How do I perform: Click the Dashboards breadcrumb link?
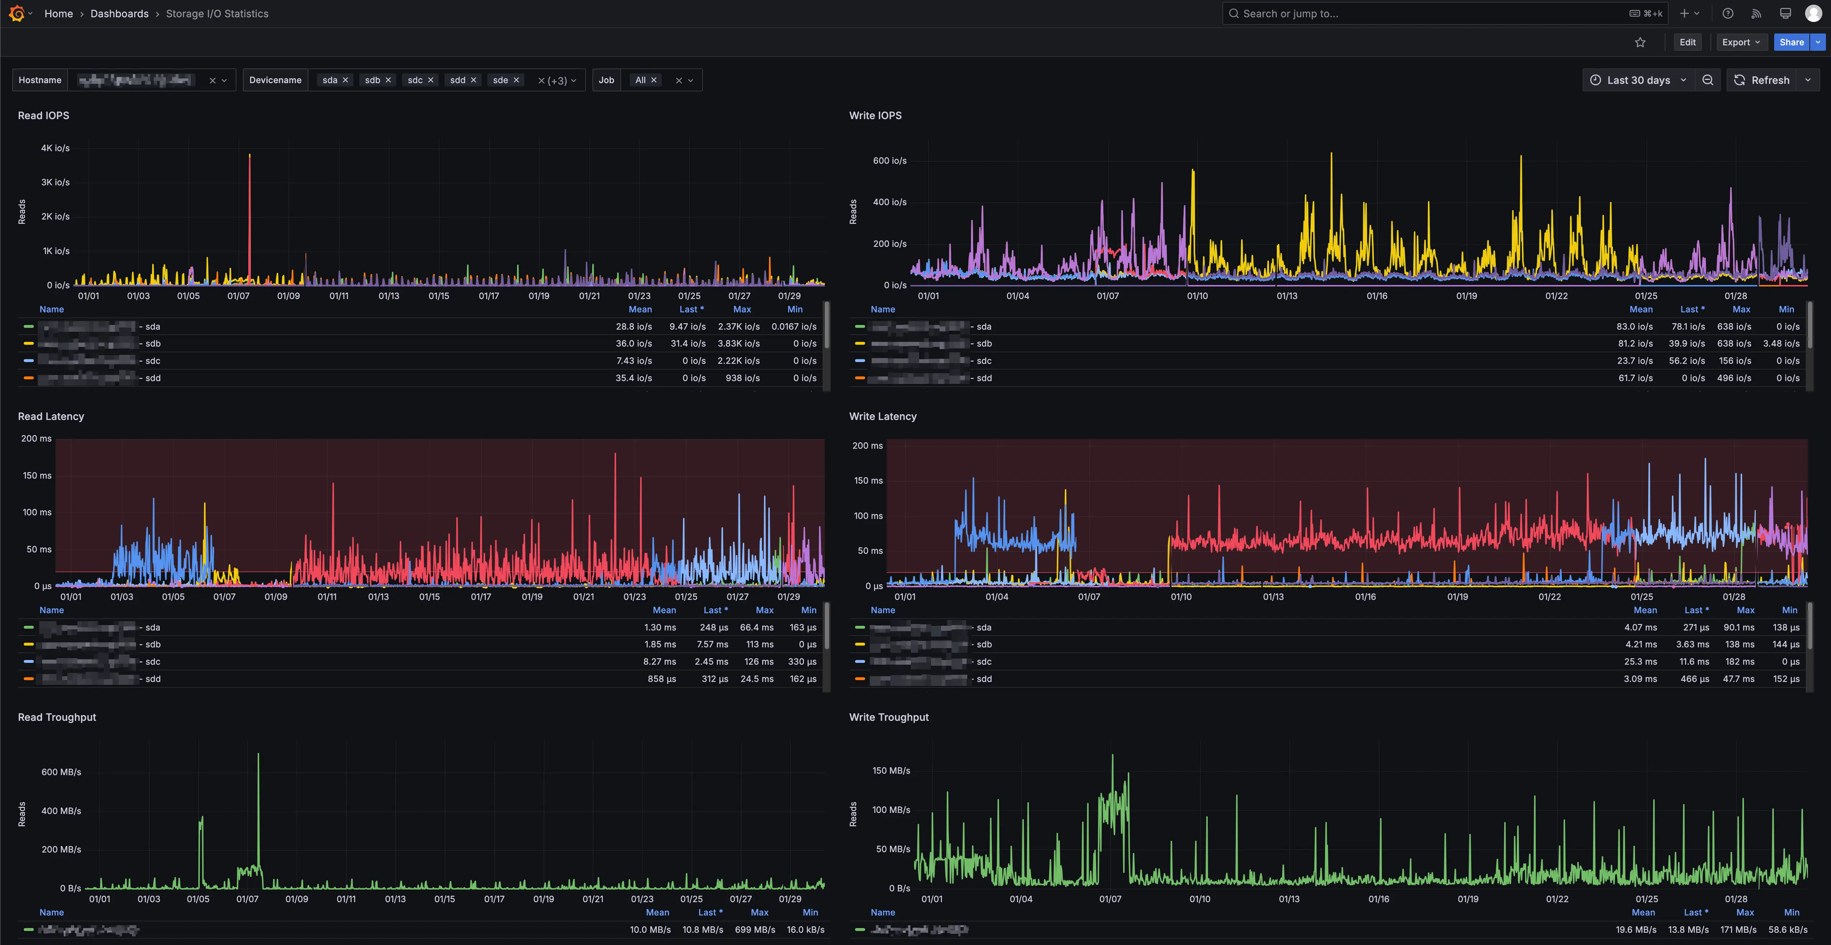tap(119, 14)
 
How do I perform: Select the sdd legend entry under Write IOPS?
tap(984, 378)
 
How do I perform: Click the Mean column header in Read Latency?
tap(664, 610)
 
